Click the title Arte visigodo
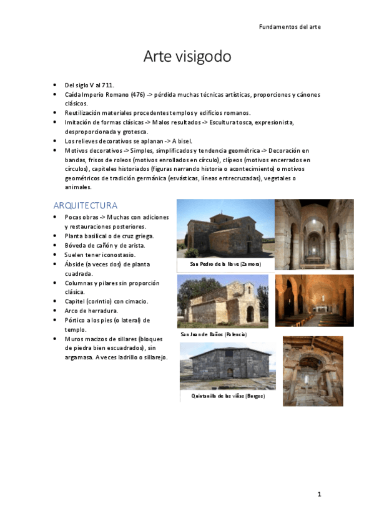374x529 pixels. point(187,57)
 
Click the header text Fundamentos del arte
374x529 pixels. point(290,27)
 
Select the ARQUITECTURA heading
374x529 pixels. point(86,205)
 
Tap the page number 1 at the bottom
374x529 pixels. point(318,495)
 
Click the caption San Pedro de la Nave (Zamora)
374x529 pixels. point(225,264)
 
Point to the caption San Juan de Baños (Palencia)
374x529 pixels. point(214,335)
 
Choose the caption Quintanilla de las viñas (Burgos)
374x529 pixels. point(228,396)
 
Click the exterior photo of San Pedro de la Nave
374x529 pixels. point(225,228)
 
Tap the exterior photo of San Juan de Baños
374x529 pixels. point(222,301)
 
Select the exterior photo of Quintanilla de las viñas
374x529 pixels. point(228,365)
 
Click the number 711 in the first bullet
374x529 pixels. point(108,85)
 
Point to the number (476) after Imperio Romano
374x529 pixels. point(137,95)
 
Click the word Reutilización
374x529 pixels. point(84,113)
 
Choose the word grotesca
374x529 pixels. point(134,132)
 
